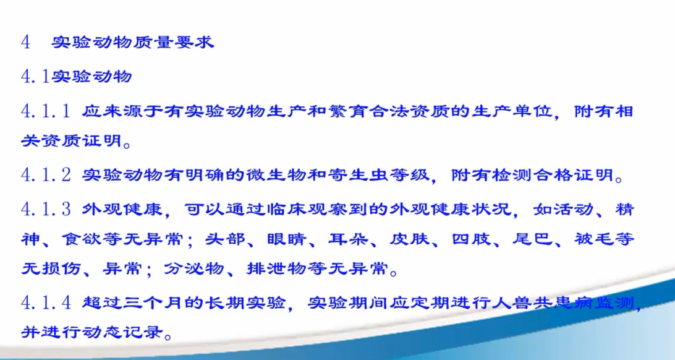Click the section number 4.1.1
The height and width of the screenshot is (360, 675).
pyautogui.click(x=46, y=111)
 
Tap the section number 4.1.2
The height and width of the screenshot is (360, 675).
pyautogui.click(x=46, y=175)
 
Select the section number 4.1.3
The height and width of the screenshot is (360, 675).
pyautogui.click(x=46, y=209)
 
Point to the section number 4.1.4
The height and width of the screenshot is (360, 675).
pyautogui.click(x=46, y=302)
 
